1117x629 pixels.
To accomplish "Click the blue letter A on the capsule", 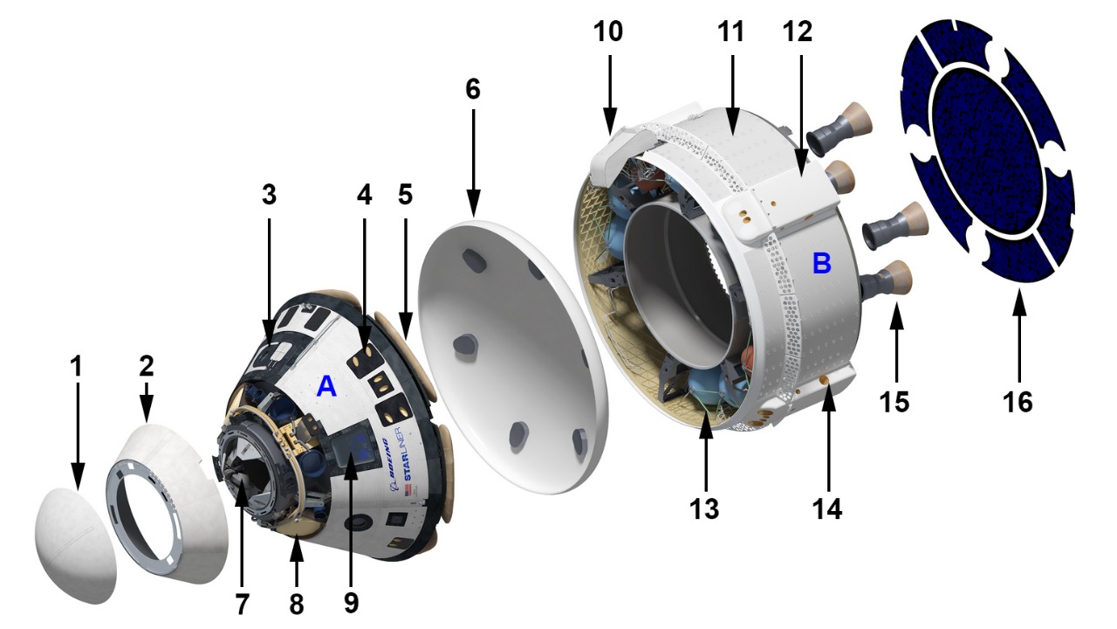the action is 326,386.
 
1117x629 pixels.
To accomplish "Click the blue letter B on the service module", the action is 822,263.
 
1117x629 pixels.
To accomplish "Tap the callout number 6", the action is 473,89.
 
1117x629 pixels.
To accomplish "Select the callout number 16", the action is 1018,402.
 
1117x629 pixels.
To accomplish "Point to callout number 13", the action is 704,509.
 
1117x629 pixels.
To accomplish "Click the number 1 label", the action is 76,366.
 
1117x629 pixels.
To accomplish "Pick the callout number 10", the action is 608,31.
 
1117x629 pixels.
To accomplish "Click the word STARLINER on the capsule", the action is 409,453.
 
